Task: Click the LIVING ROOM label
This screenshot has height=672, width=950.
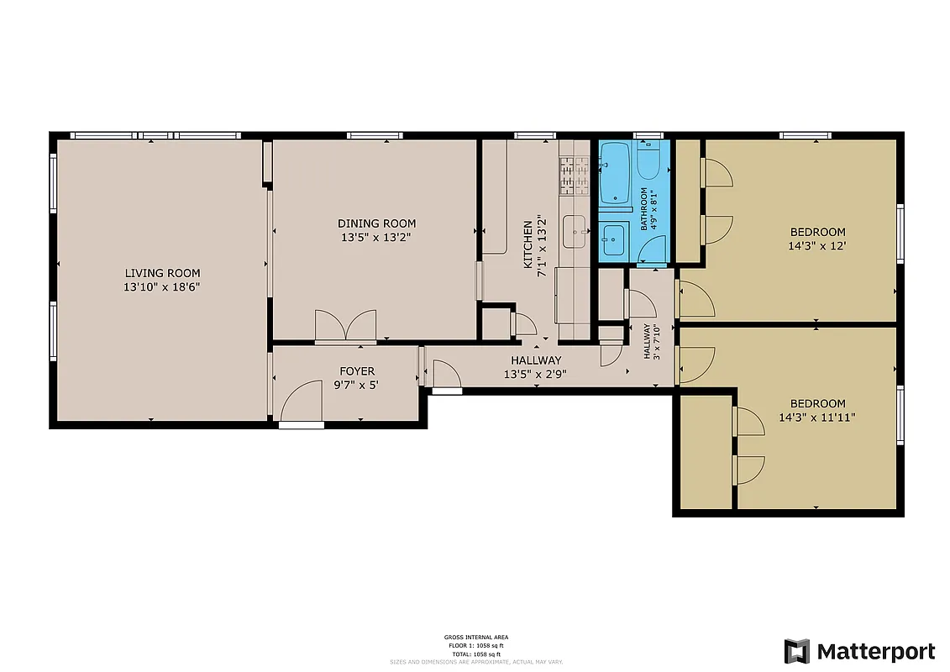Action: click(x=162, y=273)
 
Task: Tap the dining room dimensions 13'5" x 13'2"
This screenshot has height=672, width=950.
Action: click(x=376, y=237)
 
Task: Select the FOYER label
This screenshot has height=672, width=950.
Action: click(x=357, y=371)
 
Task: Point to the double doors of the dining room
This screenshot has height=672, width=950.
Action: click(x=345, y=327)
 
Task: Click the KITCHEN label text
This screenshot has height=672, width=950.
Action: click(x=527, y=244)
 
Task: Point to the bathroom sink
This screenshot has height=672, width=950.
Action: click(x=612, y=240)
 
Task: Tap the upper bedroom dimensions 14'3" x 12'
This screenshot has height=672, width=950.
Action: click(x=817, y=246)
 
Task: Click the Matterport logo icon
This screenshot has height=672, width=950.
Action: click(x=797, y=651)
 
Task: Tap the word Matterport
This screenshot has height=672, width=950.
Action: click(x=875, y=651)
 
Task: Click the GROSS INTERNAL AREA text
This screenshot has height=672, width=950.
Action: click(x=475, y=638)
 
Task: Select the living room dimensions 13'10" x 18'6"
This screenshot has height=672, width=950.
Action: click(x=162, y=287)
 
